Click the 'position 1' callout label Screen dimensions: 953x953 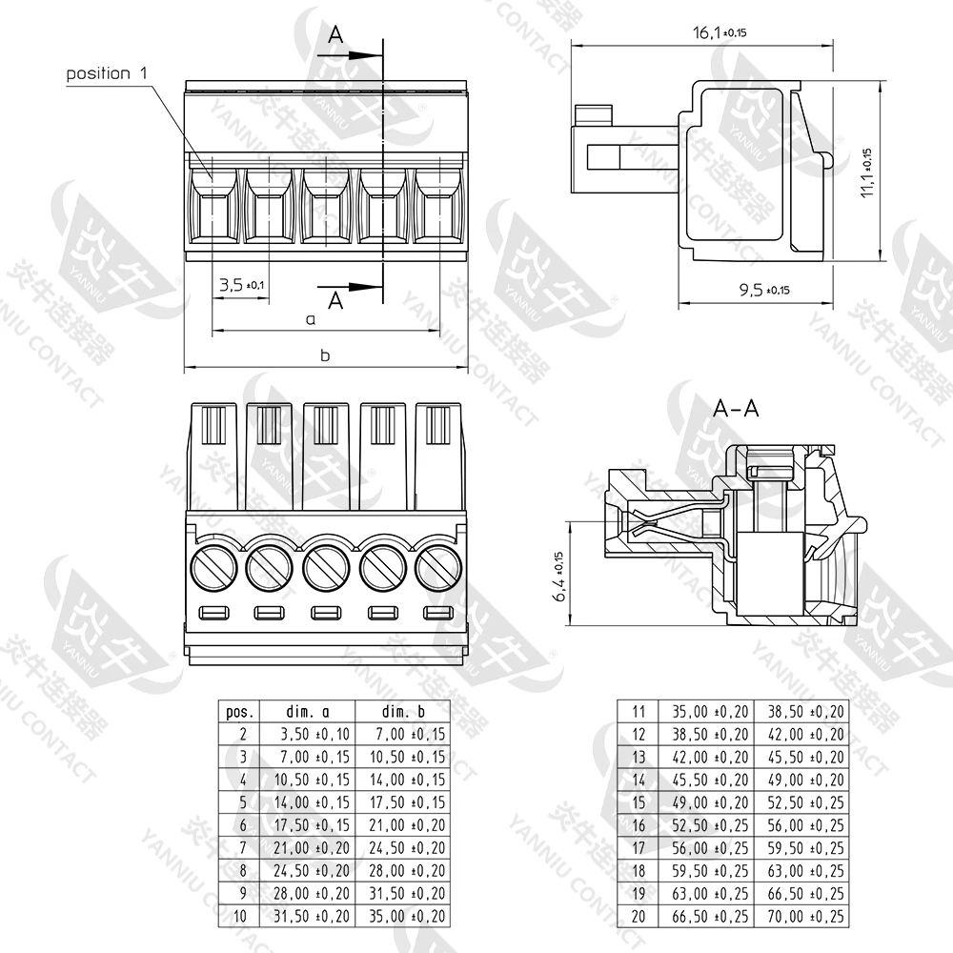(109, 73)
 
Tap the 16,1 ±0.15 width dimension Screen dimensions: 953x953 (719, 33)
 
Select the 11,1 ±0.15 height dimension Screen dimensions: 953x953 (866, 172)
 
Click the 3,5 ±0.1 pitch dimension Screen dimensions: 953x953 (241, 284)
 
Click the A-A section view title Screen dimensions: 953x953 (737, 409)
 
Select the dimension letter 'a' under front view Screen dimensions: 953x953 (310, 320)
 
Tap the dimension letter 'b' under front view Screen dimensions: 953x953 (324, 355)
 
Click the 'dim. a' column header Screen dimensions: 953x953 (307, 712)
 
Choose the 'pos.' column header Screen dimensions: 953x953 (238, 712)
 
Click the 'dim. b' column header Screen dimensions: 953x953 (402, 712)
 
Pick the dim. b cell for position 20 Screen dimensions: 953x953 (799, 917)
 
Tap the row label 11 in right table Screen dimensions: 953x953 (639, 711)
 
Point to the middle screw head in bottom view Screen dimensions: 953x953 (325, 569)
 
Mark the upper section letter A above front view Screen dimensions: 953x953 (335, 35)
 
